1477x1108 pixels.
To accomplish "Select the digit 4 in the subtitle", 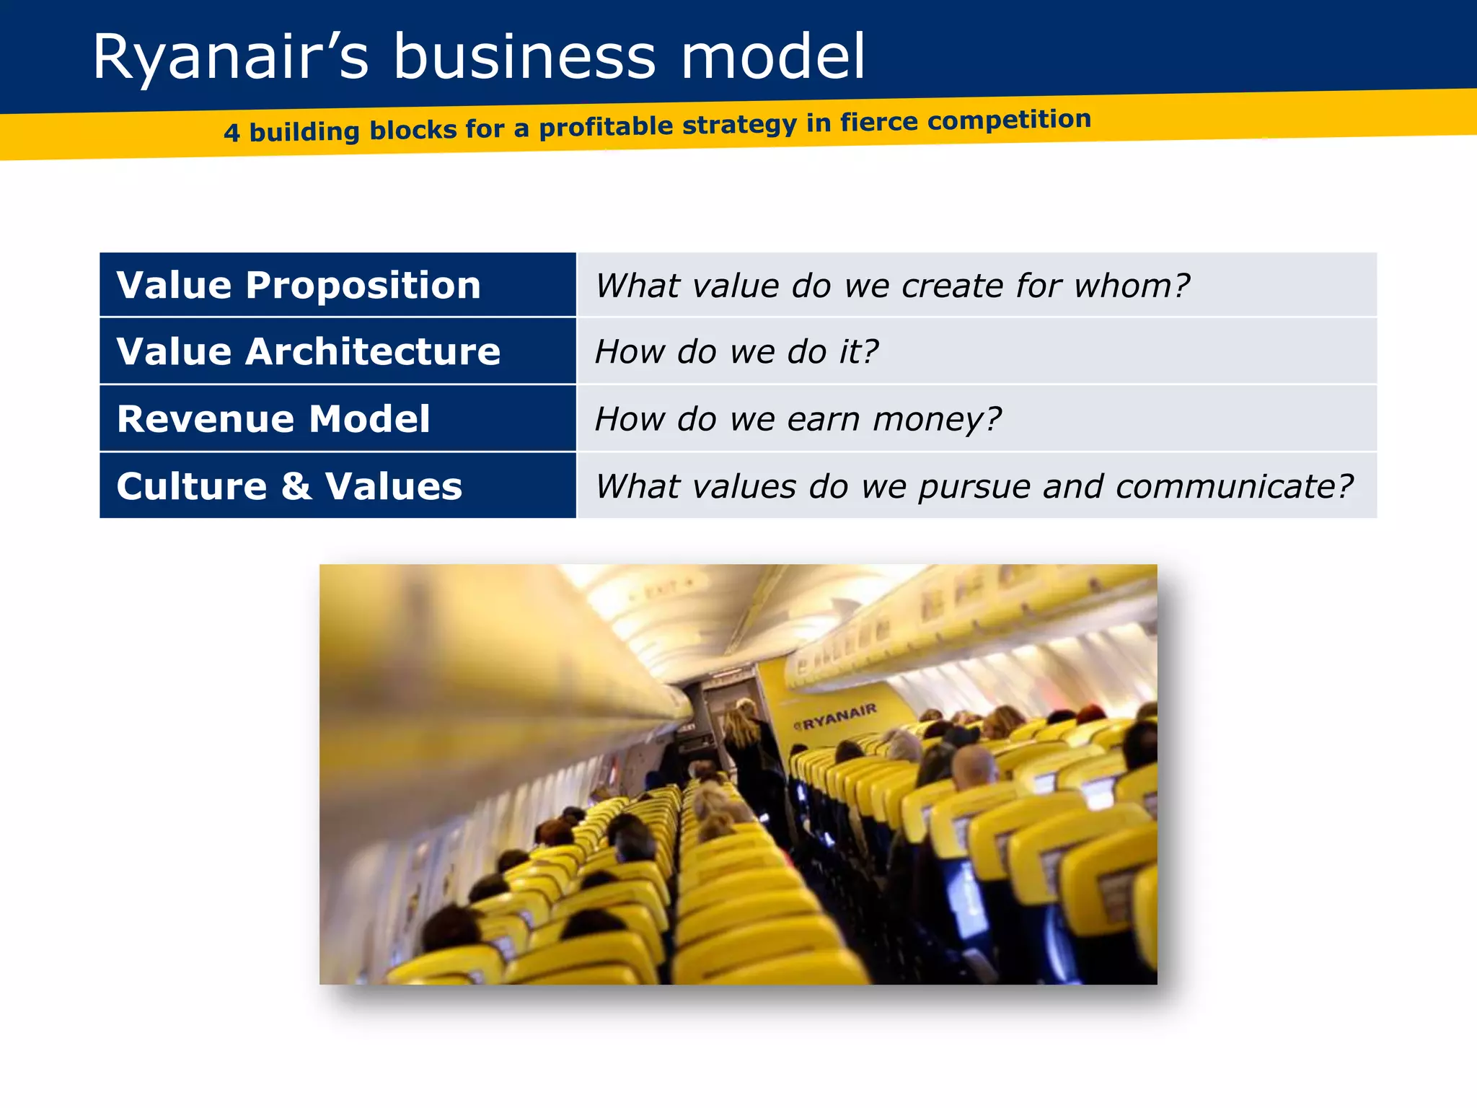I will point(232,133).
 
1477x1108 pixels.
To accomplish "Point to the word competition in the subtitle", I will point(1009,120).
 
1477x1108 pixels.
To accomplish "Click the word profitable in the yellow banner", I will point(606,127).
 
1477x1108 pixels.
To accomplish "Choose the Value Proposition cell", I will point(338,285).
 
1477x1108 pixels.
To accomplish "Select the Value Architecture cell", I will point(338,351).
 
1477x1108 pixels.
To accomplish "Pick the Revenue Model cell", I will point(338,419).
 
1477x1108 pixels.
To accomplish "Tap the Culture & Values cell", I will point(338,486).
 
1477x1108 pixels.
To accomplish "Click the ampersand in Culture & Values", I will point(296,486).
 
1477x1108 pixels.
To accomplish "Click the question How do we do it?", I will point(736,352).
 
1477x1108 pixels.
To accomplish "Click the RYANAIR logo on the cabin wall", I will point(837,716).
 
